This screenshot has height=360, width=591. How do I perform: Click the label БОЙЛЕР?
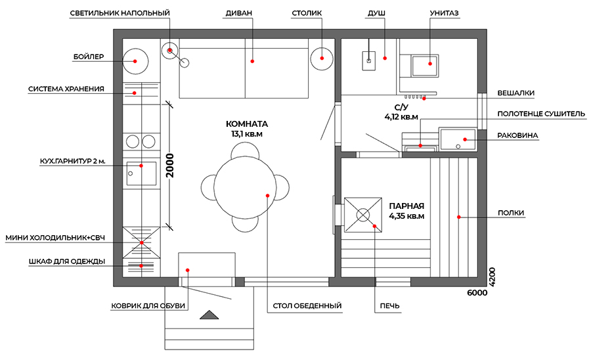[88, 57]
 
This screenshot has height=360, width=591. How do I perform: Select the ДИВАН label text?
[238, 13]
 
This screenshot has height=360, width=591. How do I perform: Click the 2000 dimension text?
[170, 166]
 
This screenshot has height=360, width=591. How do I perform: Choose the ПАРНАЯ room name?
[406, 206]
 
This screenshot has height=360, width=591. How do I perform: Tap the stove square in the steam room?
[362, 215]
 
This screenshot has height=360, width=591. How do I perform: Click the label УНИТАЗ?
[444, 13]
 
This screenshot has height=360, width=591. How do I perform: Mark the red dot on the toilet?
[430, 64]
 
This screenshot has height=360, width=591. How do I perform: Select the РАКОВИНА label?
[517, 135]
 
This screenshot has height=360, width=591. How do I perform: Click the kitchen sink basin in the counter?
[141, 173]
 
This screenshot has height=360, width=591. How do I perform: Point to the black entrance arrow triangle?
[209, 315]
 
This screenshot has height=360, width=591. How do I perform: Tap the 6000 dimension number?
[477, 293]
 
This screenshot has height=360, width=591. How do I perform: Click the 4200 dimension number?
[492, 277]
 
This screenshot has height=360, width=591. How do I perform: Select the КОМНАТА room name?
[247, 124]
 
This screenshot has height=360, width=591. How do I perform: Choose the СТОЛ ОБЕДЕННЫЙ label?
[307, 305]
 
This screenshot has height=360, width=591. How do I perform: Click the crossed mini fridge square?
[141, 242]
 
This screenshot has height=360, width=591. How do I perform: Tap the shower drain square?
[369, 60]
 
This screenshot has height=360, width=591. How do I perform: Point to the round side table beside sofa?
[322, 58]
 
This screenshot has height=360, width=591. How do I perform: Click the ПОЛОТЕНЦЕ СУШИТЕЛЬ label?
[541, 114]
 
